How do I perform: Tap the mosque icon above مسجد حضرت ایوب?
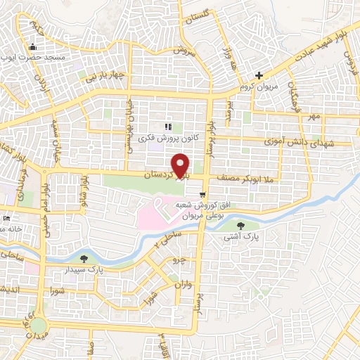(x=32, y=49)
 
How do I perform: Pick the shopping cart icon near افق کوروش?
(x=202, y=194)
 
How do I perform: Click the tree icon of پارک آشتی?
(x=241, y=226)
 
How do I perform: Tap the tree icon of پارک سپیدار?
(x=84, y=259)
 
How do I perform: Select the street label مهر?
(x=313, y=115)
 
